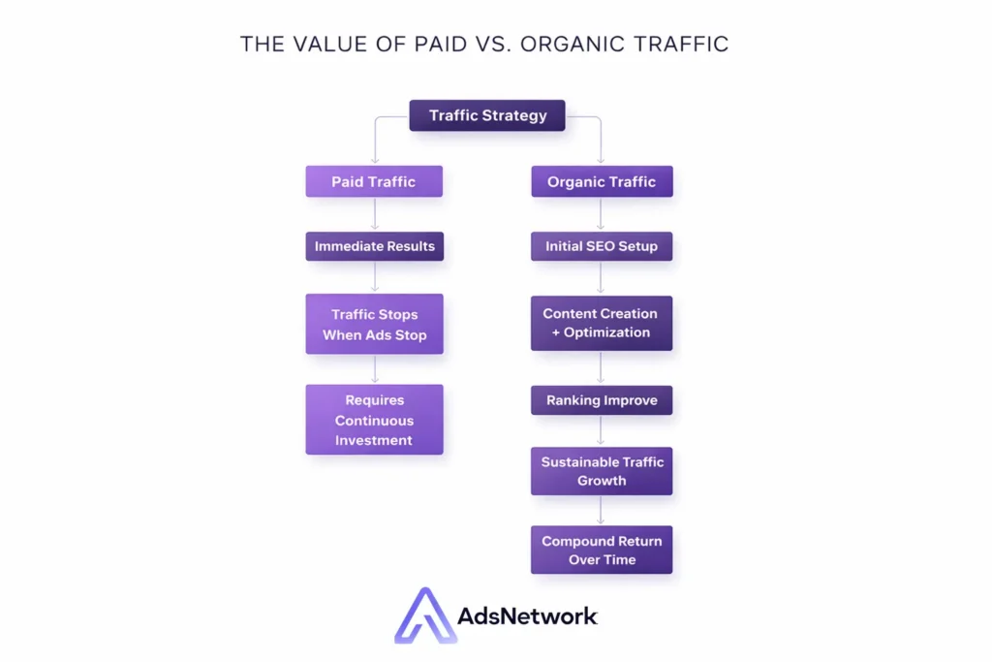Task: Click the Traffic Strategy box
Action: pos(487,115)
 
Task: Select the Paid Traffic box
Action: pos(374,181)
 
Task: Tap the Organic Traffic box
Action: pos(602,181)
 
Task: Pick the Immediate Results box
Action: pos(375,246)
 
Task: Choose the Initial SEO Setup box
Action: pos(602,246)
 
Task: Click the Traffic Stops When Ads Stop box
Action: pos(375,324)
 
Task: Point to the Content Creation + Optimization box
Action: pos(602,323)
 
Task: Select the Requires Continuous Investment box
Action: pos(375,420)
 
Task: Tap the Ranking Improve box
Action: pos(602,400)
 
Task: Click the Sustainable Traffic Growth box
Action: pos(602,471)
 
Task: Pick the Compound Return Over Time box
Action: pos(602,550)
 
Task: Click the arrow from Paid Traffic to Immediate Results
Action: pos(375,214)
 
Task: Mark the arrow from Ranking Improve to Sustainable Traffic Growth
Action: pos(601,431)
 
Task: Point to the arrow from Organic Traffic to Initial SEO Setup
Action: pos(601,214)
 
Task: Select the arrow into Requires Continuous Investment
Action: pos(375,369)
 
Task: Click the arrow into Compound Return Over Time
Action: pos(601,510)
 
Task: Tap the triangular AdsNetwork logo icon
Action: pos(425,615)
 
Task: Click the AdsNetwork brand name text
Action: pos(527,615)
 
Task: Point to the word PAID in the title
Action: pos(441,45)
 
